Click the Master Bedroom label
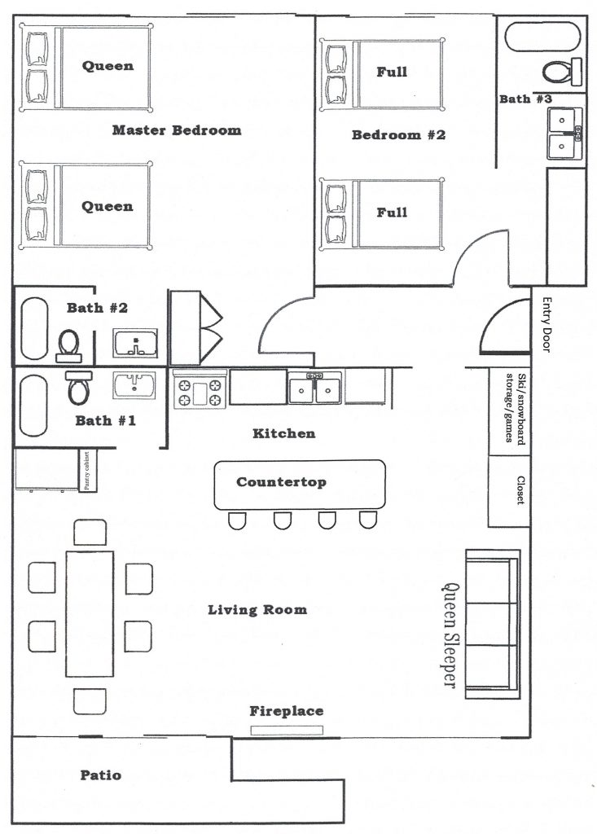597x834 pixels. coord(177,130)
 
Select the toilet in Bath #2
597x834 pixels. coord(68,345)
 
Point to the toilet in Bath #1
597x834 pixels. coord(79,388)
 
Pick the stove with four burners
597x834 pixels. coord(199,388)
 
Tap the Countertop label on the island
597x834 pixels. coord(281,482)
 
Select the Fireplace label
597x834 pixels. coord(286,711)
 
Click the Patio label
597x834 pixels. coord(101,775)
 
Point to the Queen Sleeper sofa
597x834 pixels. coord(491,624)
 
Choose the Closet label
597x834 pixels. coord(520,491)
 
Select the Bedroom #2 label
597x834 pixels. coord(398,135)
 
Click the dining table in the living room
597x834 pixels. coord(89,612)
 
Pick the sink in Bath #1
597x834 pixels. coord(134,384)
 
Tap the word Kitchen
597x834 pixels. coord(283,433)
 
